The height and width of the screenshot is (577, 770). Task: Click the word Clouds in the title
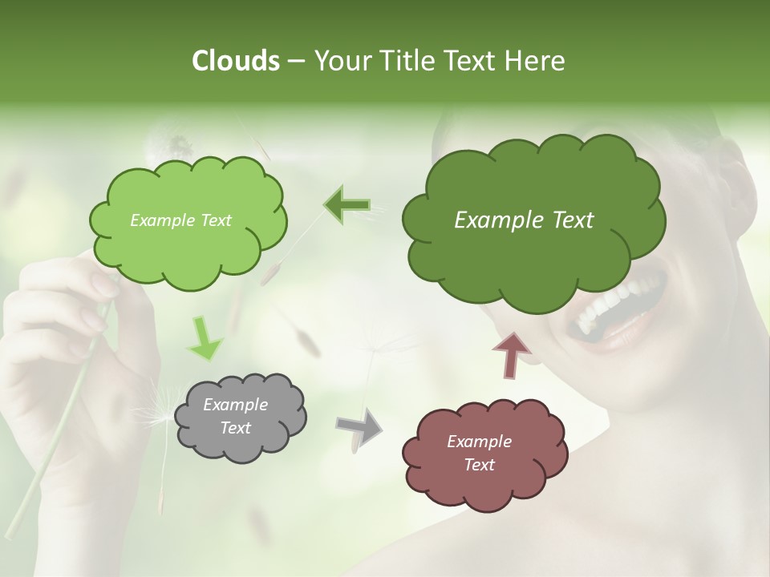235,61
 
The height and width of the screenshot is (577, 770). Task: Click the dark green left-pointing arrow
347,205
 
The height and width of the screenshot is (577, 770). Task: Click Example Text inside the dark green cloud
524,220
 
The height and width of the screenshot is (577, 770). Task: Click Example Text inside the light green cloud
180,220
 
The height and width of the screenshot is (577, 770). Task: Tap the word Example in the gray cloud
235,405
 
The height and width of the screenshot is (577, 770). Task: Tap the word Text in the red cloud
479,465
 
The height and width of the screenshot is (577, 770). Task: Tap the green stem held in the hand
60,417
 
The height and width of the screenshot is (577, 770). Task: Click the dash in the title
294,62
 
